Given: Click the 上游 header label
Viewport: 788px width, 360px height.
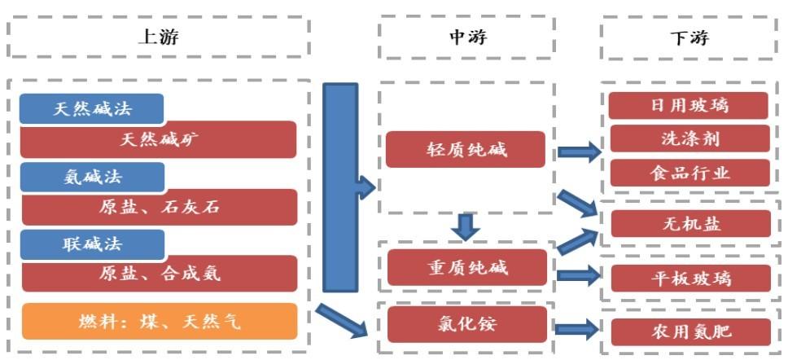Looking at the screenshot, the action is tap(158, 37).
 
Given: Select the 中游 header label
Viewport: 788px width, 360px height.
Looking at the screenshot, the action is tap(467, 37).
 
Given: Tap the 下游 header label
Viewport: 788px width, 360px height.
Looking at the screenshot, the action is tap(689, 37).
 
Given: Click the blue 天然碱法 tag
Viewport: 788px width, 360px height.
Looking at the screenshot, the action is tap(92, 108).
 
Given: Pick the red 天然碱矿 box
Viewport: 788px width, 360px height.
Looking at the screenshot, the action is tap(158, 140).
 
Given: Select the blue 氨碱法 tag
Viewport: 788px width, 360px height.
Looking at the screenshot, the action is tap(93, 177).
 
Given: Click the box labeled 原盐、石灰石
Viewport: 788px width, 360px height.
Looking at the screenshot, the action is tap(160, 207).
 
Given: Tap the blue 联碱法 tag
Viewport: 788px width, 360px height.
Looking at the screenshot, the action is tap(93, 245).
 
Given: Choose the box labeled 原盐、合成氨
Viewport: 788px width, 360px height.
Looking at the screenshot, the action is tap(160, 274).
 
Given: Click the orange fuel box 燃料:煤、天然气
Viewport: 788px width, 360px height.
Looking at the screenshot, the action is tap(160, 321).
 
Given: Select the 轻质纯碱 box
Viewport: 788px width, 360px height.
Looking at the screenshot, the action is tap(466, 149).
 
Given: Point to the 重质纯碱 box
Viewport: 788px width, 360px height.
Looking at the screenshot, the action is tap(467, 267).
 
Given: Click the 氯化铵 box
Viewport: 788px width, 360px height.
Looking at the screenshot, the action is tap(467, 324).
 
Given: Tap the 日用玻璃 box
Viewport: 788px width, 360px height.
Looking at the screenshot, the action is tap(689, 106).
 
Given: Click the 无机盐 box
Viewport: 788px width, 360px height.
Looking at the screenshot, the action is tap(691, 224).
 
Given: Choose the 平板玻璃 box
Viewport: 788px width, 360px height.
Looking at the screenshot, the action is tap(691, 278).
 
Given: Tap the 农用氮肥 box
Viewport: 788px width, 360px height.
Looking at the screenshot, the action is tap(691, 331).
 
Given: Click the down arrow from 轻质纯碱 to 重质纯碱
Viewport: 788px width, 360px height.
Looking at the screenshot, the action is tap(465, 226).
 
